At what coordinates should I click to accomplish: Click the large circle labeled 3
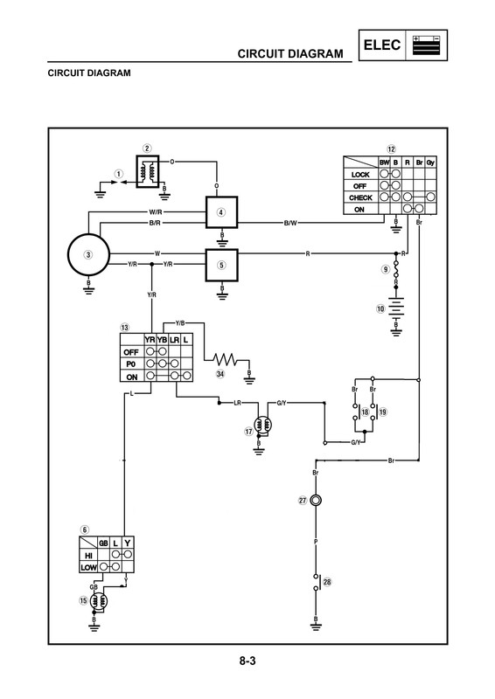87,254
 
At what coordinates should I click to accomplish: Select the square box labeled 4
222,212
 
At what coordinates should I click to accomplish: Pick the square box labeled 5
222,264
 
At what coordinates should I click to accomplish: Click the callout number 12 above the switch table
392,149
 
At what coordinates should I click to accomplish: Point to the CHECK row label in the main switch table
359,197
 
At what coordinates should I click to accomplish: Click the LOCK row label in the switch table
359,174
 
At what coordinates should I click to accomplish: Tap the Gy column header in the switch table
432,163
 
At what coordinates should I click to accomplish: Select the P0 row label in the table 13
131,363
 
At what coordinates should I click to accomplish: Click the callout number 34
220,373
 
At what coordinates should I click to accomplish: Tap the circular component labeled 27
316,500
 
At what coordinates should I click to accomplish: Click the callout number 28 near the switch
328,582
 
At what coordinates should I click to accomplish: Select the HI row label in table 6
88,555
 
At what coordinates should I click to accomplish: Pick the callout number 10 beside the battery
381,308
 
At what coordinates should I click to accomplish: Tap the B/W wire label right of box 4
291,224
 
